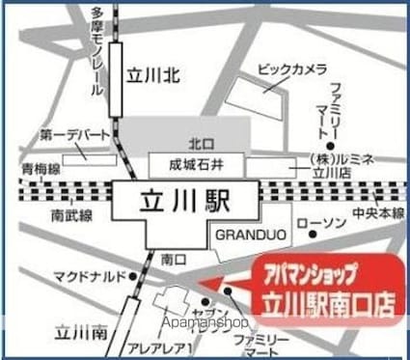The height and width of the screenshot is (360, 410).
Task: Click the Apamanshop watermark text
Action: coord(206,321)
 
